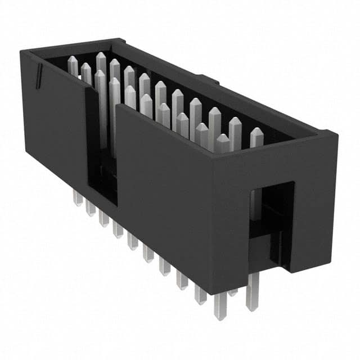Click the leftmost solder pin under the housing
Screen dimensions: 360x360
(x=77, y=197)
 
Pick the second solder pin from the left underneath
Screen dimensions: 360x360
(x=90, y=208)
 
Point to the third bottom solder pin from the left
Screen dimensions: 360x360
(x=103, y=218)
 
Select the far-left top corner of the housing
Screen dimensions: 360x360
(x=22, y=52)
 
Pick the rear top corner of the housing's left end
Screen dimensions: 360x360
(x=119, y=40)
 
